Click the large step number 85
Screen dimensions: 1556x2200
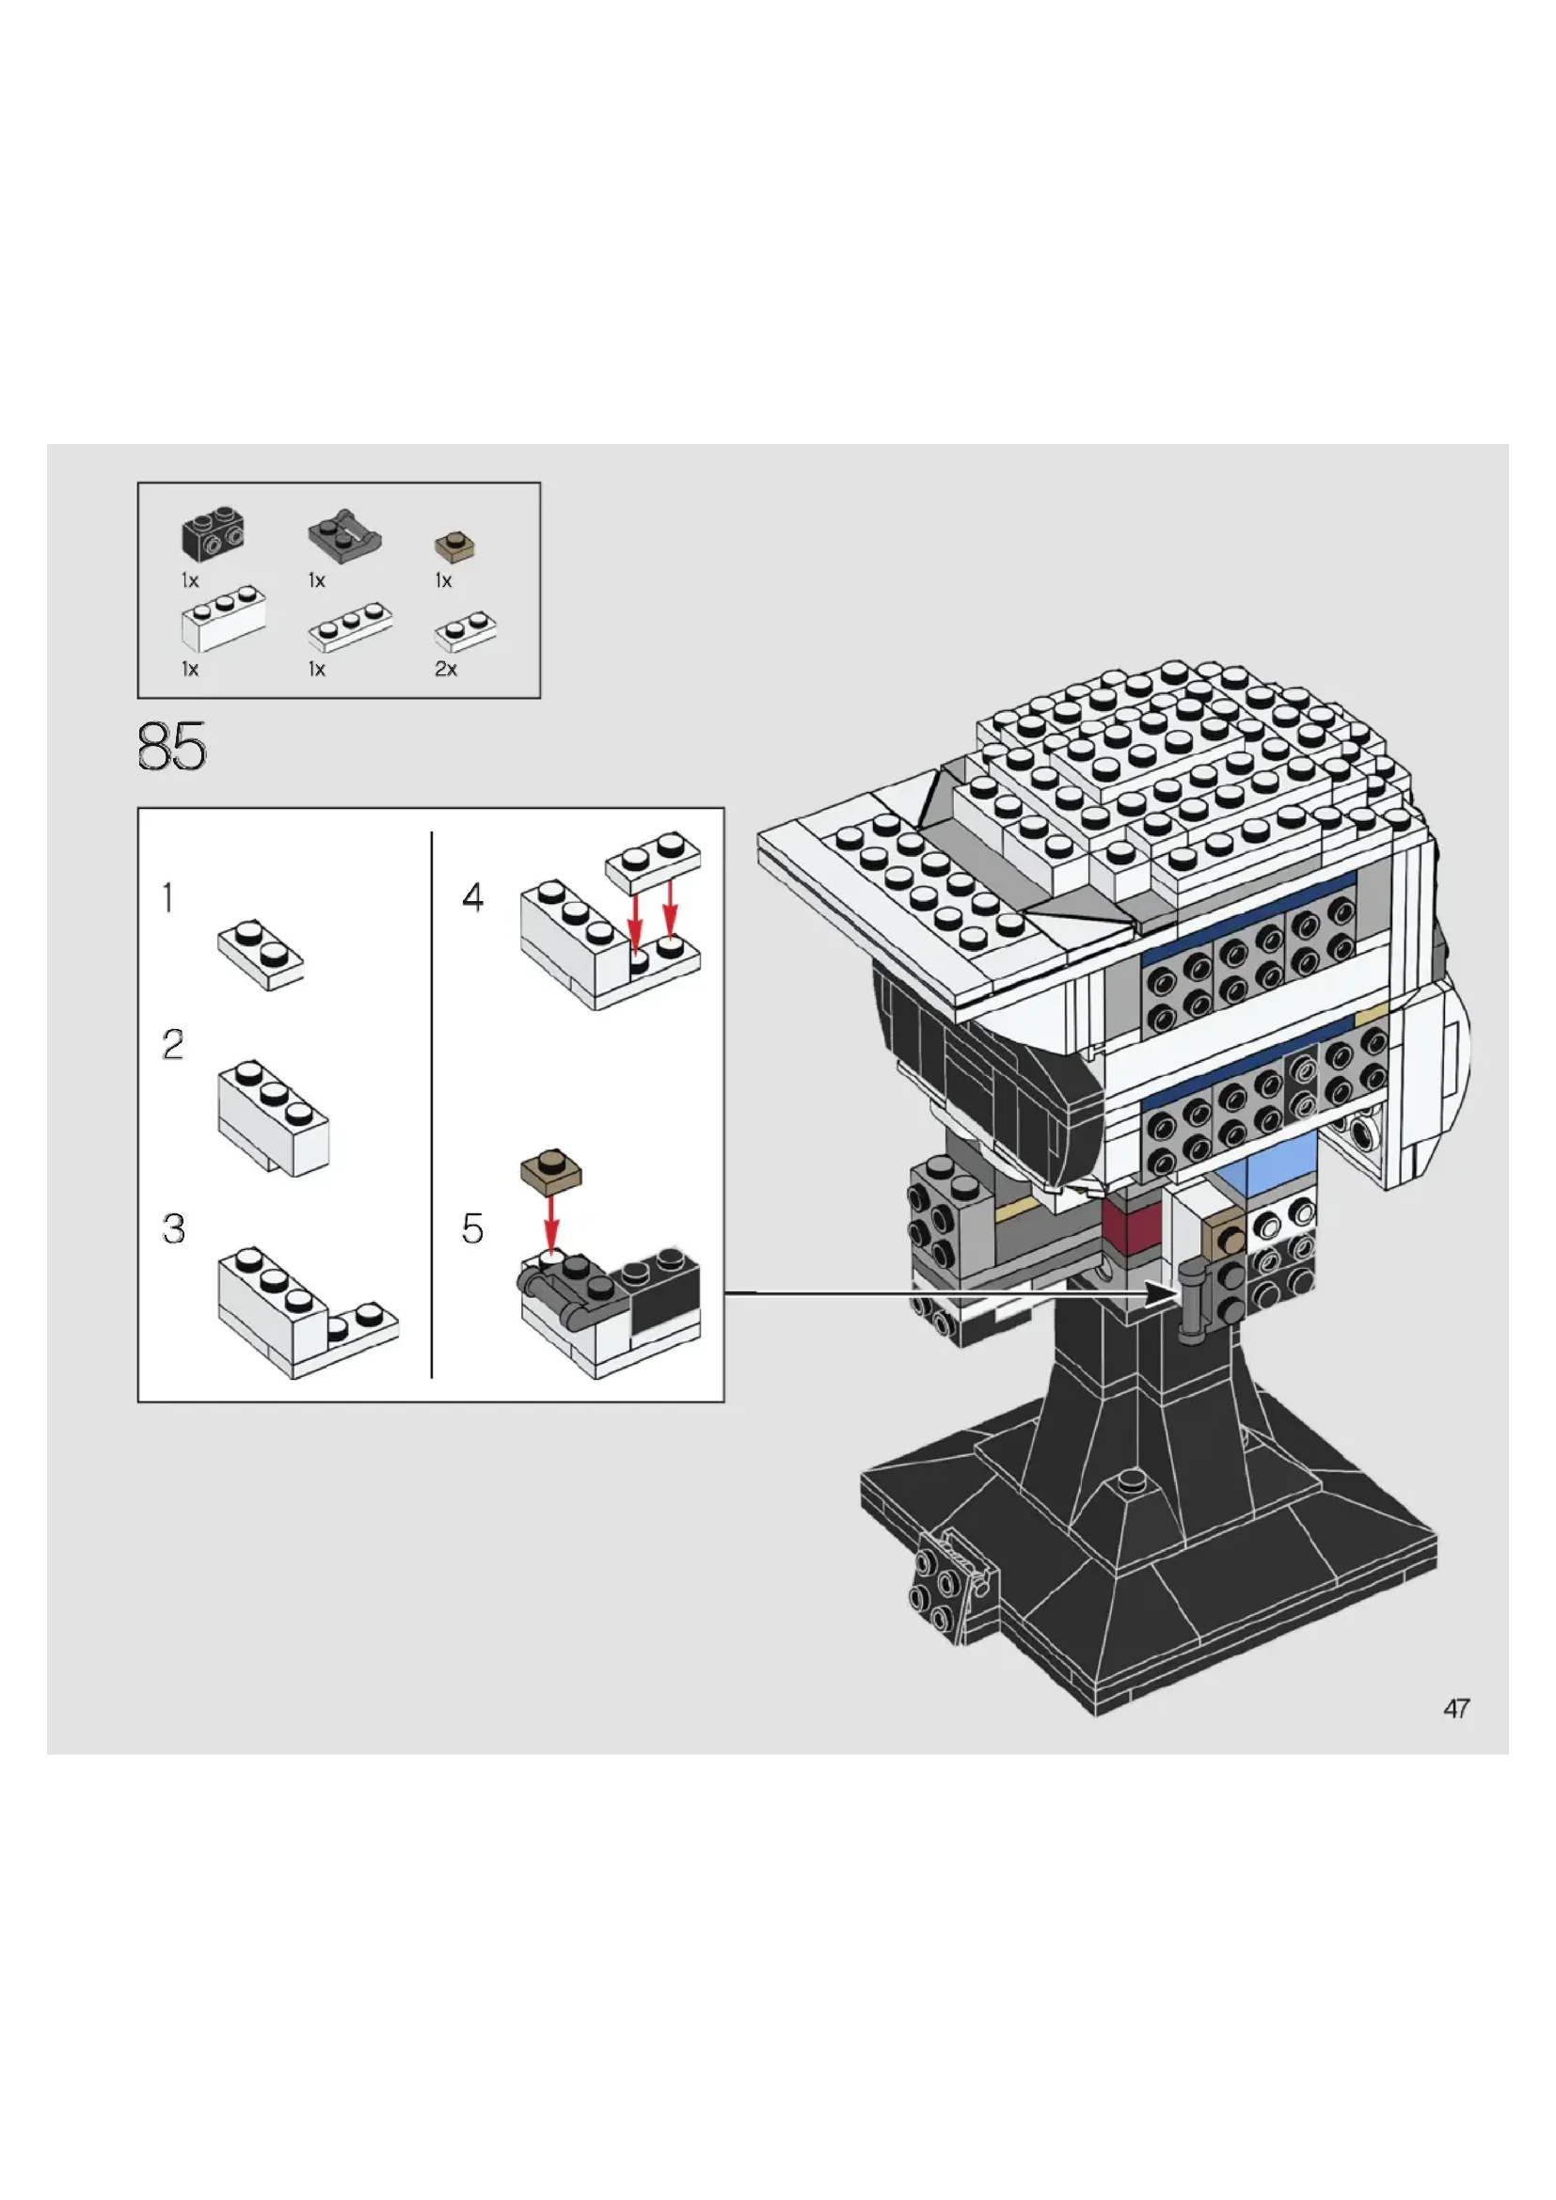coord(171,747)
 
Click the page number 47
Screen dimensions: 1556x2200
coord(1456,1708)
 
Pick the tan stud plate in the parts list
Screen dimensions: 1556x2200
coord(455,547)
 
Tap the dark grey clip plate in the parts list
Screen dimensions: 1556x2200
coord(344,534)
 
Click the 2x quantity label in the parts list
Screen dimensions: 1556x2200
coord(446,669)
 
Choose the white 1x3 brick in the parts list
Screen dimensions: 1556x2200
coord(223,619)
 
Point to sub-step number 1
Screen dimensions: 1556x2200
coord(168,898)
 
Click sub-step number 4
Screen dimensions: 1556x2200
coord(472,898)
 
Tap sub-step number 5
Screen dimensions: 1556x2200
coord(472,1228)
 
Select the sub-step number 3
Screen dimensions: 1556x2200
coord(173,1228)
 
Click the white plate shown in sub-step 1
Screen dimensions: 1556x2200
coord(261,955)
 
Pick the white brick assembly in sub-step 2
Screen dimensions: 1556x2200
coord(274,1117)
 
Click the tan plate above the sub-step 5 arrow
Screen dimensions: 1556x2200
coord(551,1171)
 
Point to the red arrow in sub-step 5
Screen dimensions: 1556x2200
coord(552,1222)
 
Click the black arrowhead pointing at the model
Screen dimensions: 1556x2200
coord(1161,1293)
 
